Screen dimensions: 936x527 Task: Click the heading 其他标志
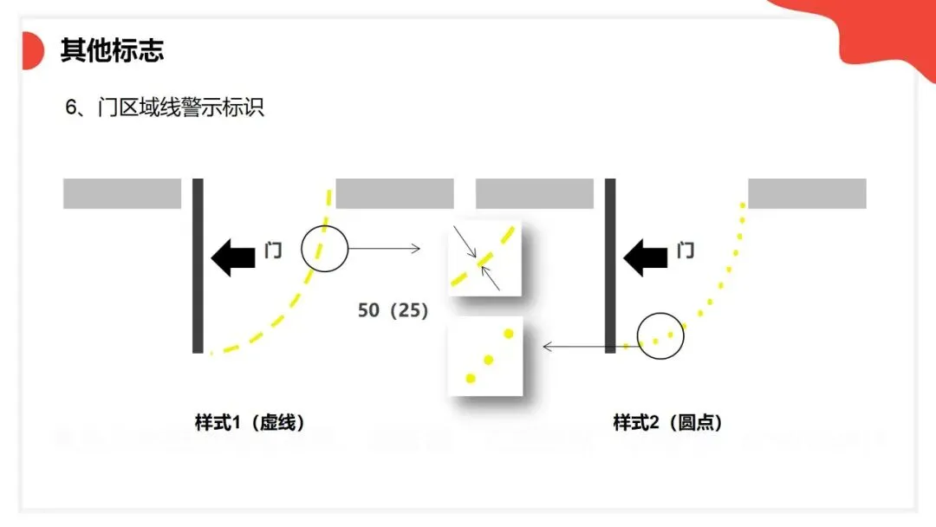112,50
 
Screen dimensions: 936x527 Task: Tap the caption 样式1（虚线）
250,423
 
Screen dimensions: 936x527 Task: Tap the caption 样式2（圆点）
668,423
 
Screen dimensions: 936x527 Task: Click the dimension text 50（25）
393,310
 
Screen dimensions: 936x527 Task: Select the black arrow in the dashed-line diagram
233,257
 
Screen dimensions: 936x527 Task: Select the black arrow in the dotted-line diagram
646,257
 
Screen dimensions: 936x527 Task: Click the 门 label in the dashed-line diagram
273,251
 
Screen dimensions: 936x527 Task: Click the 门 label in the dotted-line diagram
686,251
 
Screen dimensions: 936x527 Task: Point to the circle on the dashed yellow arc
324,249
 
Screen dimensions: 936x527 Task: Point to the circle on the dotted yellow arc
660,336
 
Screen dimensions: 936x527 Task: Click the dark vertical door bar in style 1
198,265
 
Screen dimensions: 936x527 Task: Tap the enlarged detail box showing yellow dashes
485,257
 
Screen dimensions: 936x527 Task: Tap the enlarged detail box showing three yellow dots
485,356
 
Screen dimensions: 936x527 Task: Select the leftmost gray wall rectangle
122,193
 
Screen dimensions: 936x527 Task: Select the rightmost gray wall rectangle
807,193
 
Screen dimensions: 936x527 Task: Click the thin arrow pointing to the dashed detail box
384,249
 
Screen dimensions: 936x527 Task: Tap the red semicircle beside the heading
32,50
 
